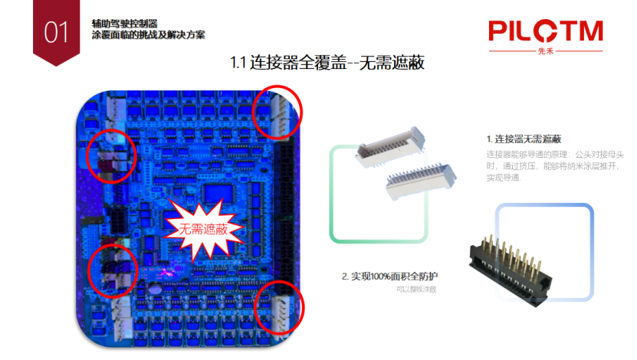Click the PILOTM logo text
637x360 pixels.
545,32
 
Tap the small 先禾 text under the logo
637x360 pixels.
545,52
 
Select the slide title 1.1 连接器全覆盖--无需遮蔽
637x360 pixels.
327,63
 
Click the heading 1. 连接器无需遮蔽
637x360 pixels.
524,139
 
